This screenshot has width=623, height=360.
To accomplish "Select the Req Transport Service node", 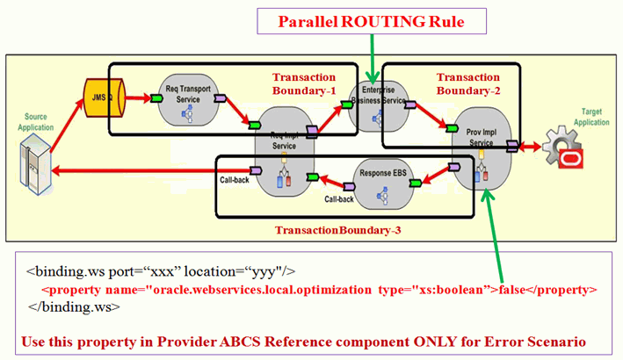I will click(185, 100).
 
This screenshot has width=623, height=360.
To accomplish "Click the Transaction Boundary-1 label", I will click(305, 83).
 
